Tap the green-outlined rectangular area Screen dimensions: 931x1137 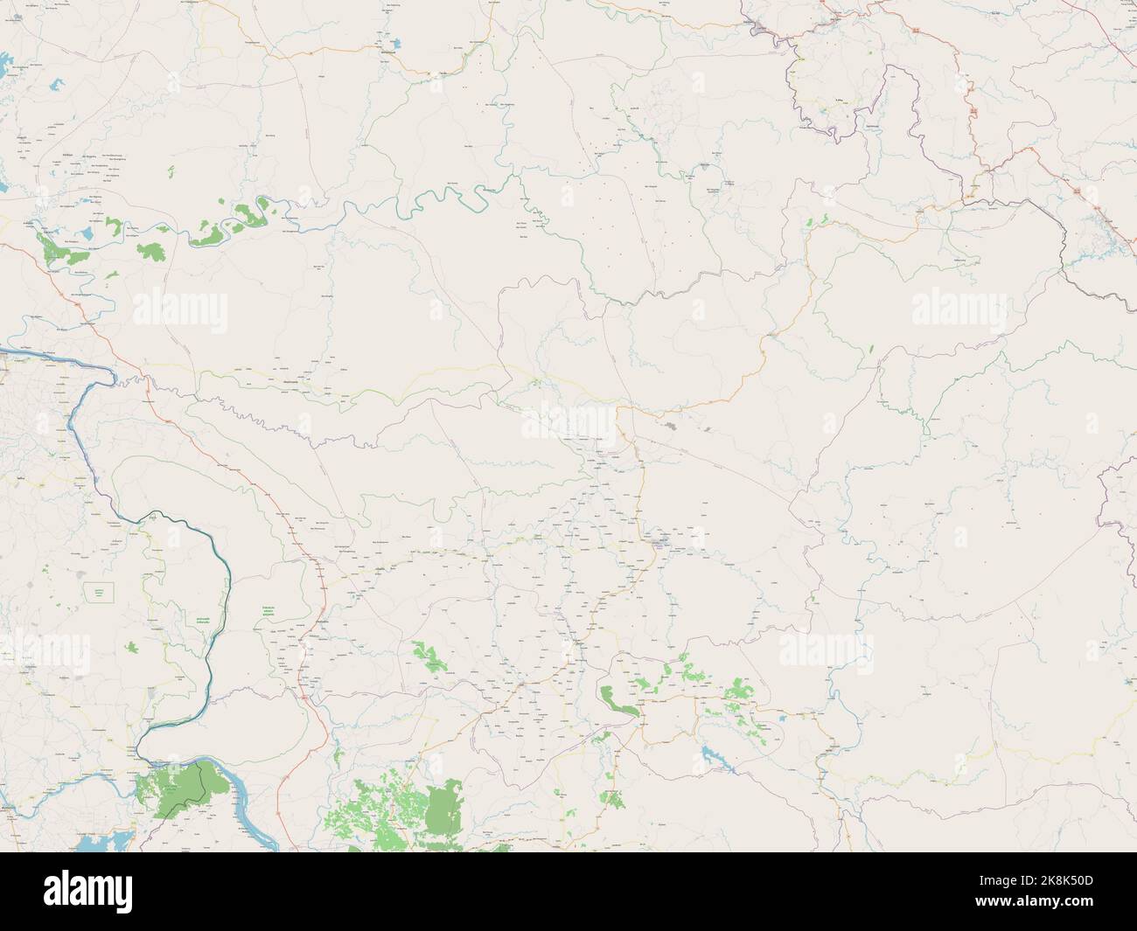pos(99,592)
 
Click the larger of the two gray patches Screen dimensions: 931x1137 pos(670,427)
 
